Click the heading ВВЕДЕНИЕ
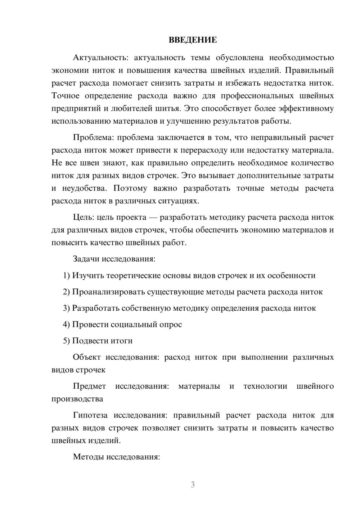(193, 40)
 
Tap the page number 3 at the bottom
(193, 485)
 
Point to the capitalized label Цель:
(83, 217)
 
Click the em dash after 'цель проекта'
(153, 217)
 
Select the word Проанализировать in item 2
(108, 292)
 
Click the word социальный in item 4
(135, 325)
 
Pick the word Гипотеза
(90, 415)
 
